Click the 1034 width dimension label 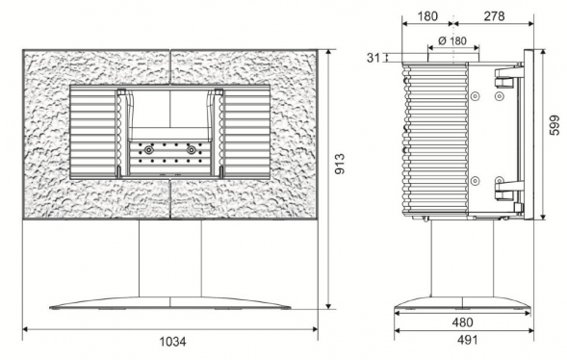[x=173, y=341]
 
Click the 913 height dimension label [x=340, y=164]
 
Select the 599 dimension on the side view [x=554, y=125]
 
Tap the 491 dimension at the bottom [x=467, y=340]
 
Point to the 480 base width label [x=462, y=322]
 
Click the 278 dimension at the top [x=494, y=16]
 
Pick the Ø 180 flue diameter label [x=452, y=40]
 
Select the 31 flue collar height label [x=374, y=58]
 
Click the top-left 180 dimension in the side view [x=427, y=16]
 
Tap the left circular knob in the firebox [x=148, y=150]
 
